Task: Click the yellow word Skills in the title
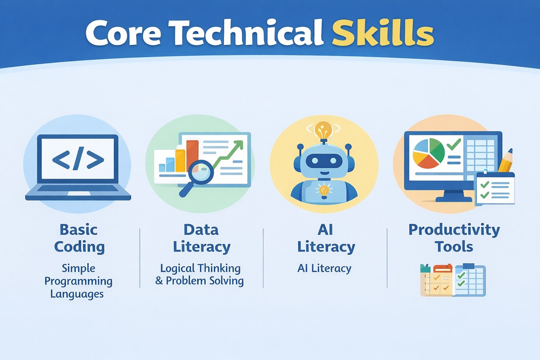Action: point(383,33)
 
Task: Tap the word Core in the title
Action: point(123,33)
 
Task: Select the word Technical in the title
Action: point(247,33)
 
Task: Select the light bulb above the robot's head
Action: point(323,131)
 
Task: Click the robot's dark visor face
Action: point(324,160)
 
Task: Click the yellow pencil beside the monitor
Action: point(506,160)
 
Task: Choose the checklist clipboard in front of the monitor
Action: point(495,188)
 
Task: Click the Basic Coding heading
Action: point(79,238)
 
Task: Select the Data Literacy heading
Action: point(201,238)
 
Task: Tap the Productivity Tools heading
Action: point(454,238)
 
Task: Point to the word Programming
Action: point(78,281)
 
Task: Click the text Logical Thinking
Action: point(200,268)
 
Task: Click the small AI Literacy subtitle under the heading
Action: point(324,268)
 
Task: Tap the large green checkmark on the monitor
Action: point(454,144)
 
